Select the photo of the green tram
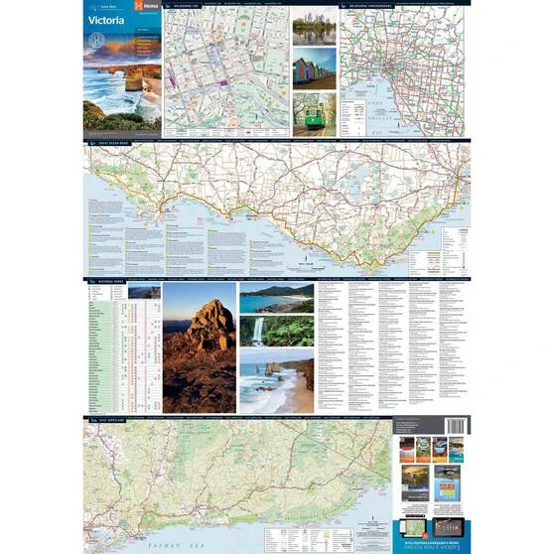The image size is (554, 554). (314, 112)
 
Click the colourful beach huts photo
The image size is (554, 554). (314, 72)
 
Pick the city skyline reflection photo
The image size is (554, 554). (314, 30)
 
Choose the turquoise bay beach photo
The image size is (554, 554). (276, 300)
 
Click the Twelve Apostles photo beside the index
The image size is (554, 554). (276, 380)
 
